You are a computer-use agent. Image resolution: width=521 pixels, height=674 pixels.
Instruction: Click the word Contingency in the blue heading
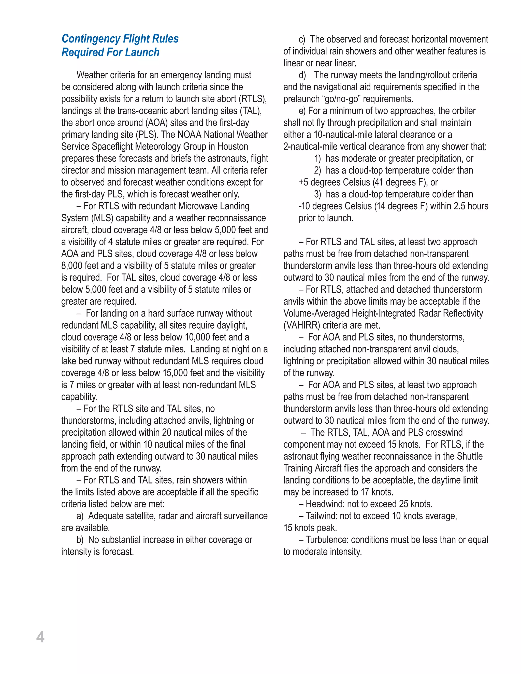point(91,39)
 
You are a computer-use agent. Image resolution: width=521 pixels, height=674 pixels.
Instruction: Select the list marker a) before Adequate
point(80,516)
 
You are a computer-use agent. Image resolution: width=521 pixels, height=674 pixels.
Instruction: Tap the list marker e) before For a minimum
point(302,111)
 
